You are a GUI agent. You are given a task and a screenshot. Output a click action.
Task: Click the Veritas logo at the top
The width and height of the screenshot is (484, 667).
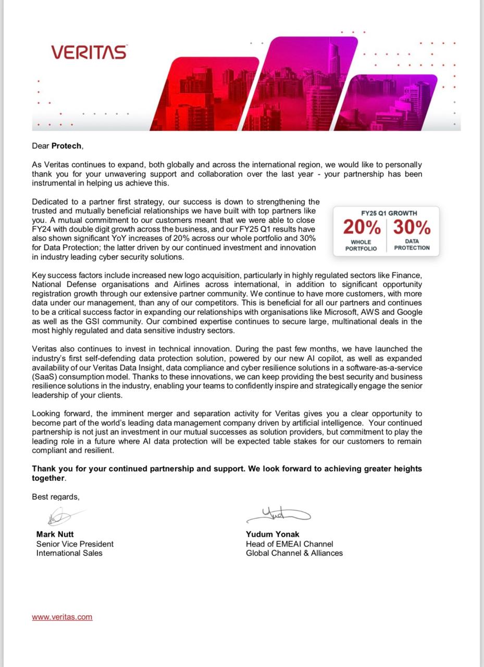click(89, 52)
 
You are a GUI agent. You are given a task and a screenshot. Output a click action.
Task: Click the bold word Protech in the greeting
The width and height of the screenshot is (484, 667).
click(67, 146)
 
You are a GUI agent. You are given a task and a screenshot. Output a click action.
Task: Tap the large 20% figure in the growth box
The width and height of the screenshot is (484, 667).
click(362, 227)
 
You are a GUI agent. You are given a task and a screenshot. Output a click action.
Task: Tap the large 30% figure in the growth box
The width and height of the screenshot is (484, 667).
click(412, 227)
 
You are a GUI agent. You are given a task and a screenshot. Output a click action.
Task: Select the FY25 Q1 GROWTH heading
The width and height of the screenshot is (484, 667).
click(389, 213)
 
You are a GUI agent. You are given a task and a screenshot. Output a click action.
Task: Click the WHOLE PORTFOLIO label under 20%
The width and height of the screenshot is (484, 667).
click(361, 245)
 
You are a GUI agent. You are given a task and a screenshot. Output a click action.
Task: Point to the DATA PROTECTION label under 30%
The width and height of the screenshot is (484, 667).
click(412, 244)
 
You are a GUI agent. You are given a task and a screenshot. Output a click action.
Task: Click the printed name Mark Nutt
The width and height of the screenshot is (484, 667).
click(55, 534)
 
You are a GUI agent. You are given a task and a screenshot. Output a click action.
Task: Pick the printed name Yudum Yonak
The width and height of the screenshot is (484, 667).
click(272, 534)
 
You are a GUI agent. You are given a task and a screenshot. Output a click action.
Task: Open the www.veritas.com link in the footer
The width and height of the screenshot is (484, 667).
click(62, 617)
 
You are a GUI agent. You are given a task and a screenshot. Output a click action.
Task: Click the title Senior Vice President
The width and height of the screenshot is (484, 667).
click(75, 544)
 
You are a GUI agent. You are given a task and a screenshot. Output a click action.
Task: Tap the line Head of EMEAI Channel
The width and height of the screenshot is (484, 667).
click(289, 544)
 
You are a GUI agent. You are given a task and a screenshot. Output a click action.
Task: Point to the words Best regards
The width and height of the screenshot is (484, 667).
click(55, 497)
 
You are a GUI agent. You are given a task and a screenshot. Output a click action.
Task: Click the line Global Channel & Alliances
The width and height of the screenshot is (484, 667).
click(294, 553)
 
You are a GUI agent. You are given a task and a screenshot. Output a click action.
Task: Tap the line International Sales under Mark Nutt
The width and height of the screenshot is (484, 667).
click(69, 553)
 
